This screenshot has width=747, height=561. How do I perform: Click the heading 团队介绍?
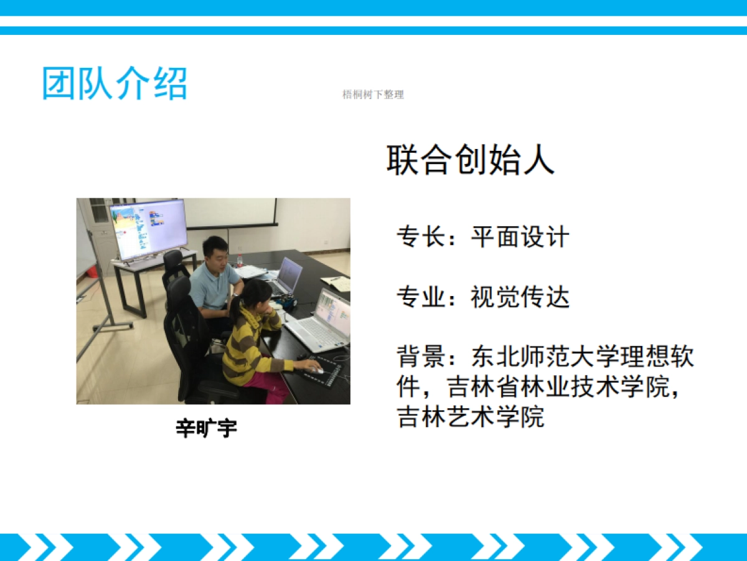click(x=115, y=84)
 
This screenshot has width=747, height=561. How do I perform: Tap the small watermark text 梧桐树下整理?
click(x=373, y=95)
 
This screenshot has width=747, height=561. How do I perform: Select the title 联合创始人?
click(x=470, y=160)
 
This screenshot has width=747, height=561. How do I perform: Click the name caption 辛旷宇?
click(x=207, y=429)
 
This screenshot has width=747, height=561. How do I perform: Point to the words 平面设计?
click(x=520, y=237)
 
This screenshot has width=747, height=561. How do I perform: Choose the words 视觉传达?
click(x=520, y=297)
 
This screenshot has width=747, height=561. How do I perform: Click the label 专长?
click(x=421, y=237)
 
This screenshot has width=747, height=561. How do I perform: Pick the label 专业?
click(x=421, y=297)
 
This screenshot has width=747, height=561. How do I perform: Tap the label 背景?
click(x=421, y=357)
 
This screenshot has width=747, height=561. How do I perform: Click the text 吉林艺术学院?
click(x=471, y=416)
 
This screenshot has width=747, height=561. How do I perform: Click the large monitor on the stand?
click(x=148, y=228)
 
